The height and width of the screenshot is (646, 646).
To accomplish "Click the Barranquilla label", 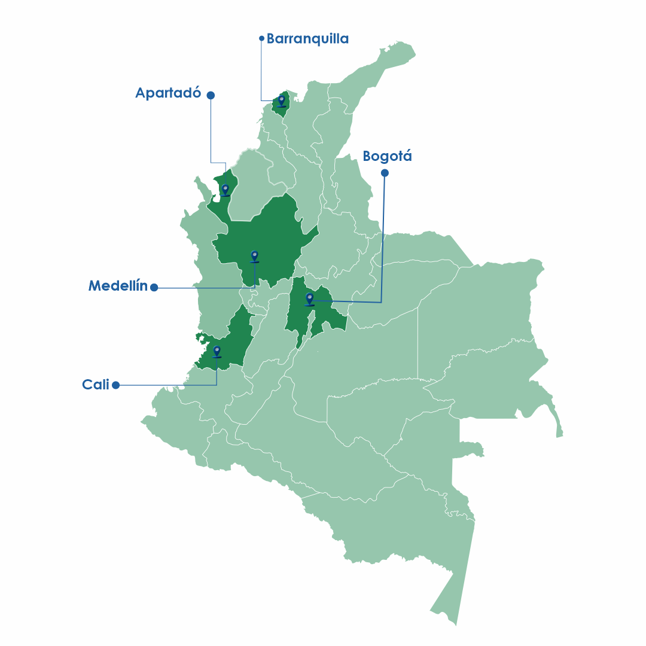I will (x=307, y=39).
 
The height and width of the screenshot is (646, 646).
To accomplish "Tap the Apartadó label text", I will (x=167, y=93).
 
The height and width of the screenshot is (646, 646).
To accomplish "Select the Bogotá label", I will (x=387, y=157).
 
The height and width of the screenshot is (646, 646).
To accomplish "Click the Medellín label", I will (x=118, y=286).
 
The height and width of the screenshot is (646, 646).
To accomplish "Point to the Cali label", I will (x=96, y=385).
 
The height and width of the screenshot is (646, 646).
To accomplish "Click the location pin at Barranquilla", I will (x=281, y=100).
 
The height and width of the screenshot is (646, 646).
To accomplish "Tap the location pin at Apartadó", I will (x=225, y=190).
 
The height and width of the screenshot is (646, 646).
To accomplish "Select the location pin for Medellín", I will (x=254, y=256).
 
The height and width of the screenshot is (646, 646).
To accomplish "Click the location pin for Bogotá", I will (x=309, y=298).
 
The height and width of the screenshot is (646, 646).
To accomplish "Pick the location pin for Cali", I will (x=217, y=351).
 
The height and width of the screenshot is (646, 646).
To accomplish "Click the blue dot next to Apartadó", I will (x=211, y=95).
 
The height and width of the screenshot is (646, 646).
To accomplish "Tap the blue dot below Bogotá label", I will (x=385, y=173).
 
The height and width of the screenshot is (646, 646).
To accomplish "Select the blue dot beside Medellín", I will (x=154, y=288).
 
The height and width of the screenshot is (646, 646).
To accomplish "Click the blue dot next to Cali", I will (x=116, y=385).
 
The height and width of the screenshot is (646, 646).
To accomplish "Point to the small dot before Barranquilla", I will (x=261, y=38).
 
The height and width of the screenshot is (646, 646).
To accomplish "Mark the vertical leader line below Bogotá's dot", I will (x=383, y=239).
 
